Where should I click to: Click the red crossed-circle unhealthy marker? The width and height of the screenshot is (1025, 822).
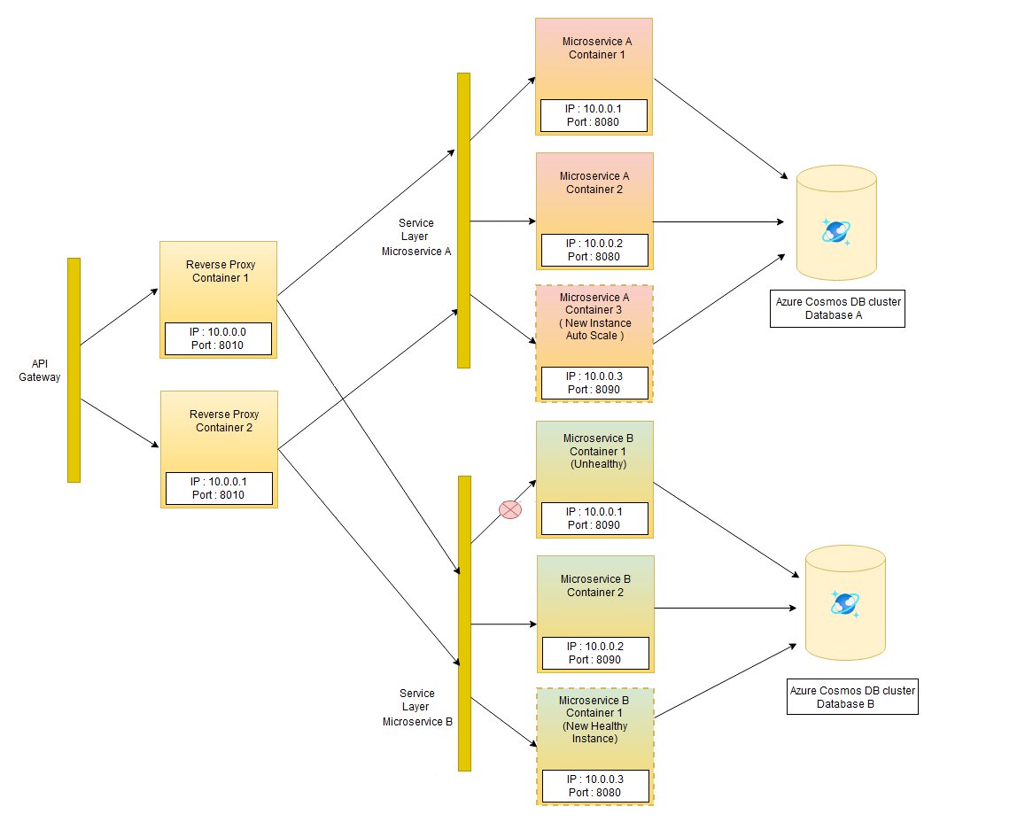coord(510,509)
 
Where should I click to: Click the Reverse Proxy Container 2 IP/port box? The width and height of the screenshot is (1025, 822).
coord(219,488)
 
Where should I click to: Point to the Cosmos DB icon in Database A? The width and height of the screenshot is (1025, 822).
coord(836,230)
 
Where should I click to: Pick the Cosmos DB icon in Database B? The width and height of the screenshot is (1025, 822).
coord(845,604)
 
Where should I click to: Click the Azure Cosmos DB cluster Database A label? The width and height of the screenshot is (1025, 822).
coord(837,308)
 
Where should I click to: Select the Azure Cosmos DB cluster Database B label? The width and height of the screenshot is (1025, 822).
coord(852,697)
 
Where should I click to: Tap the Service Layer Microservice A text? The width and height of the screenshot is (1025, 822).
coord(416,237)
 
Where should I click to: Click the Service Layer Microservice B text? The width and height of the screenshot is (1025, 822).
coord(417,707)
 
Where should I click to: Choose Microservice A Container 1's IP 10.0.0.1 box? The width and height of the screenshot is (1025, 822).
coord(594,115)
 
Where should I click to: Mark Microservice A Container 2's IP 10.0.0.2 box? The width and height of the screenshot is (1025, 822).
coord(594,250)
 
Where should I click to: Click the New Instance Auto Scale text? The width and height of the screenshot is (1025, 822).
coord(594,330)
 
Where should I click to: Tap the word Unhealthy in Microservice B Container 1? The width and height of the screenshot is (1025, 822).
coord(598,464)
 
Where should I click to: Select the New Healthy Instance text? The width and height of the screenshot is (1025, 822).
coord(594,733)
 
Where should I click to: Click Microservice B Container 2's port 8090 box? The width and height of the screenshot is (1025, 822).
coord(594,653)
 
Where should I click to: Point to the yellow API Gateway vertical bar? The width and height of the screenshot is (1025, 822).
coord(74,370)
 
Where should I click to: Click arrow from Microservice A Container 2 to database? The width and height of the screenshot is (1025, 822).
coord(718,221)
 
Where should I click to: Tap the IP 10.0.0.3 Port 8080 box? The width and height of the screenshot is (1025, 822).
coord(594,786)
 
